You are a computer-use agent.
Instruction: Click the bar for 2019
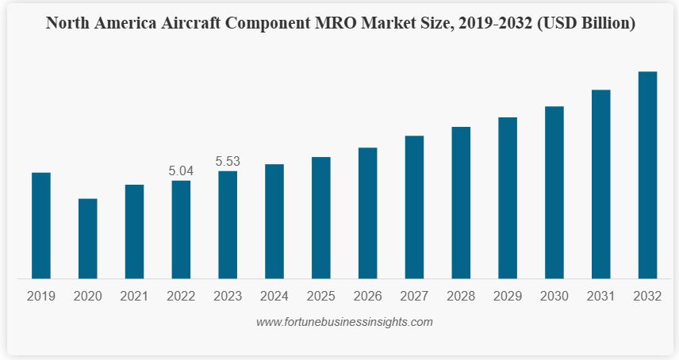click(41, 225)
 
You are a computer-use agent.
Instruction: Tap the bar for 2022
click(181, 229)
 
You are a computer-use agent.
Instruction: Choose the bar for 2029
click(508, 197)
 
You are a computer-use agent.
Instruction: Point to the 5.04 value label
click(181, 170)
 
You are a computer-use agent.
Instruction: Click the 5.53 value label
click(228, 161)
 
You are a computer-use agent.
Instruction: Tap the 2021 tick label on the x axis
click(134, 297)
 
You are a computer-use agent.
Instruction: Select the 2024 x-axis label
click(274, 297)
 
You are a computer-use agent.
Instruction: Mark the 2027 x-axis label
click(414, 297)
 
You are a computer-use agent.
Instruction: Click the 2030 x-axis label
click(554, 297)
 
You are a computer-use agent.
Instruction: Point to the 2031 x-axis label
click(601, 297)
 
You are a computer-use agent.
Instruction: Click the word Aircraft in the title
click(191, 23)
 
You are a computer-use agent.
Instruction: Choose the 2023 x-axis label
click(228, 297)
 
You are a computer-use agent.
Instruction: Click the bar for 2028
click(461, 202)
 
